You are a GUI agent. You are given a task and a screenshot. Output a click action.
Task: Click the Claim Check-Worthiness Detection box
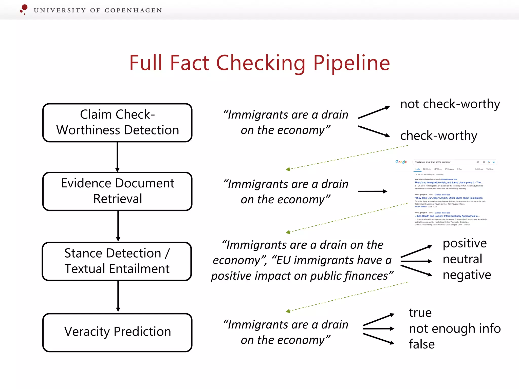click(117, 123)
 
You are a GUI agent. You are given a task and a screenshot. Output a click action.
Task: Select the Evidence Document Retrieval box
click(117, 191)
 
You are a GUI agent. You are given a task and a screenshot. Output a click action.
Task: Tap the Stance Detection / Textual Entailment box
click(117, 261)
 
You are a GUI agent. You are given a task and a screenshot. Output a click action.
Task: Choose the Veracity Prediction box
click(117, 332)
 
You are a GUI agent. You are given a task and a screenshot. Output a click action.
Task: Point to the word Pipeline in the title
click(351, 63)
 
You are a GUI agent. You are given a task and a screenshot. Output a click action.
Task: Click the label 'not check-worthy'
click(450, 104)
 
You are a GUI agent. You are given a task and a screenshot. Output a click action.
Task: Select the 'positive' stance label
click(465, 243)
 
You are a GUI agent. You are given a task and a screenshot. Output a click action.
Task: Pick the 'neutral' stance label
click(462, 259)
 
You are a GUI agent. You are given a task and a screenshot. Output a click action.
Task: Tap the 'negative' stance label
click(467, 275)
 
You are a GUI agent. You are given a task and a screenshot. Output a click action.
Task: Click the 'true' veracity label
click(420, 313)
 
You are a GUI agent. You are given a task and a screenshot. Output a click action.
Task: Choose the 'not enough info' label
click(455, 328)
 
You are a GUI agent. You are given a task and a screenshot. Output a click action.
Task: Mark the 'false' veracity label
click(422, 344)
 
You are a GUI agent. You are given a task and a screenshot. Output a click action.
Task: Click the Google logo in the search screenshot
click(401, 162)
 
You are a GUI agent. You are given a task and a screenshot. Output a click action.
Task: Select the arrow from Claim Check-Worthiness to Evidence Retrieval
click(117, 157)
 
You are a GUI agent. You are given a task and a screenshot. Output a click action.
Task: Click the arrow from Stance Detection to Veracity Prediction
click(118, 297)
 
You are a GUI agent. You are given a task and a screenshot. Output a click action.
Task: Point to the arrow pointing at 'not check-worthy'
click(374, 112)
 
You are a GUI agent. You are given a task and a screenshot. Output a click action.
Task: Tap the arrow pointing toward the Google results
click(373, 191)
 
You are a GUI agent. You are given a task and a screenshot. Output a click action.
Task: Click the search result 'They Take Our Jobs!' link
click(448, 198)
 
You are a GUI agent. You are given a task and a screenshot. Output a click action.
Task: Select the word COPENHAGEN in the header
click(133, 10)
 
